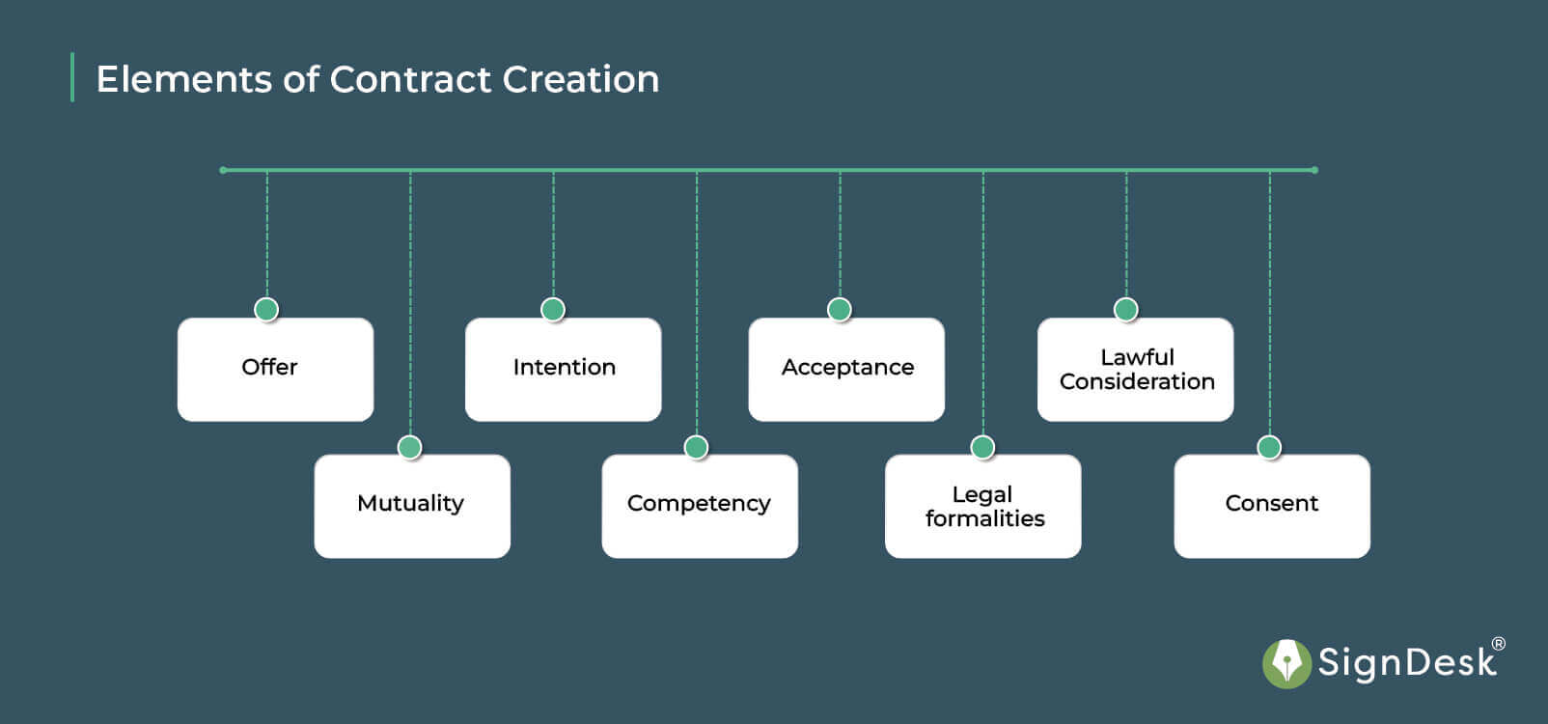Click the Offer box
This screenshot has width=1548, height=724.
pos(275,370)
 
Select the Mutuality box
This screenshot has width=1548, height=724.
pos(412,506)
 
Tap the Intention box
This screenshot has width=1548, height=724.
pos(563,370)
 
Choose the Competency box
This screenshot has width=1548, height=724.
pos(700,506)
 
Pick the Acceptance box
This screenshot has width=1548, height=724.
pos(846,370)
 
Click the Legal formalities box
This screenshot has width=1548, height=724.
pos(982,506)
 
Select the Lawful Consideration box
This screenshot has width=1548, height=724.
pos(1135,370)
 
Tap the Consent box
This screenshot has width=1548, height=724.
pos(1272,506)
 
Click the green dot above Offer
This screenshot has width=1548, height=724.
pos(266,309)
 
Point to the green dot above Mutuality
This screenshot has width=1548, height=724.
pos(410,447)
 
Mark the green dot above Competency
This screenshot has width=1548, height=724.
pos(696,447)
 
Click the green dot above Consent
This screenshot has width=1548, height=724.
pos(1269,447)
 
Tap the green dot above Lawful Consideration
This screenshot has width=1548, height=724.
pos(1126,309)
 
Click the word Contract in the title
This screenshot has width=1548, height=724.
pos(411,79)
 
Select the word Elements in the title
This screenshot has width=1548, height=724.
pos(183,79)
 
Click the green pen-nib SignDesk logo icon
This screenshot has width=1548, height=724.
pos(1286,663)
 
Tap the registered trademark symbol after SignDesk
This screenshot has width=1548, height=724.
pos(1498,644)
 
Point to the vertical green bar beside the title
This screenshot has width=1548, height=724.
pos(72,77)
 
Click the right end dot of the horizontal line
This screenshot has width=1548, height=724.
pos(1314,170)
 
